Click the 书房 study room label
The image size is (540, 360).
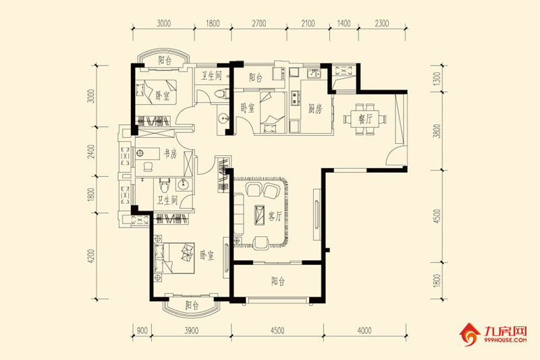tap(170, 154)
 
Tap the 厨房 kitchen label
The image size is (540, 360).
tap(315, 109)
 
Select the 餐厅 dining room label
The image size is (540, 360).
tap(365, 119)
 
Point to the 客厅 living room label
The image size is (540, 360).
tap(275, 216)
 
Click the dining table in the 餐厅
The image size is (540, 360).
tap(365, 120)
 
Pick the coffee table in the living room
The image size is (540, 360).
tap(259, 215)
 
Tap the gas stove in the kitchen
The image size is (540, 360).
tap(296, 97)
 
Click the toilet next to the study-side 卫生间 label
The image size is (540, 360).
tap(165, 185)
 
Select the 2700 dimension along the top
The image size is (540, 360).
tap(259, 24)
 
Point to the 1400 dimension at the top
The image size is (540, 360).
tap(344, 24)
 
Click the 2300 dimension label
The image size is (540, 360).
tap(382, 24)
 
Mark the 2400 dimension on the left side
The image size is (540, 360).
tap(91, 151)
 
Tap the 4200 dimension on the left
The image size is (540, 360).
tap(91, 256)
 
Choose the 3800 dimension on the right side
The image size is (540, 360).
tap(437, 131)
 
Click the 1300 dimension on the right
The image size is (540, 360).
tap(437, 78)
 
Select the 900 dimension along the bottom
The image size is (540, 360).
tap(142, 331)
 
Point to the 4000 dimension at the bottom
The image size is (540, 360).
tap(364, 331)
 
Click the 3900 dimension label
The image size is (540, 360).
tap(192, 331)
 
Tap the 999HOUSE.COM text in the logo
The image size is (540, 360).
tap(505, 340)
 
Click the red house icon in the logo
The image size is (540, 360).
tap(470, 334)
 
